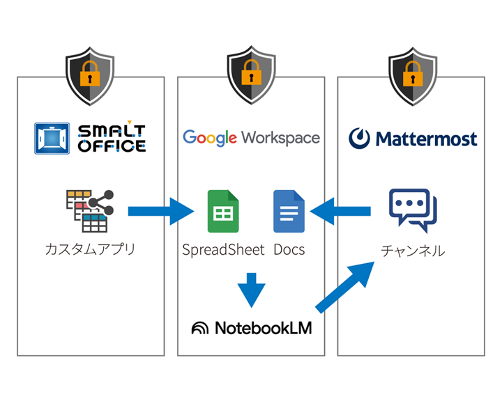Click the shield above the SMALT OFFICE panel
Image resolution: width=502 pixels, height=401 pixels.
[91, 77]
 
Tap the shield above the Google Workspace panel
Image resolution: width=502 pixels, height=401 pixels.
[251, 77]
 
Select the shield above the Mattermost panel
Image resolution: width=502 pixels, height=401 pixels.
[412, 77]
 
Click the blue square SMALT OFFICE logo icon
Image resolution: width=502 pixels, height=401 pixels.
[52, 138]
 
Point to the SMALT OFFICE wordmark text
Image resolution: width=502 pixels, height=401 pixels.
[112, 138]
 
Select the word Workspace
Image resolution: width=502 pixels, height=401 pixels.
[281, 137]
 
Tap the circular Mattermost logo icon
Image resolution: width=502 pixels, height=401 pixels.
[360, 138]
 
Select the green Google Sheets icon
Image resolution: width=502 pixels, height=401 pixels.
[223, 211]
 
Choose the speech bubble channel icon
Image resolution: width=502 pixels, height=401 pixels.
[413, 210]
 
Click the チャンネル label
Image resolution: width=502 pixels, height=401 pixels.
[413, 251]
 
